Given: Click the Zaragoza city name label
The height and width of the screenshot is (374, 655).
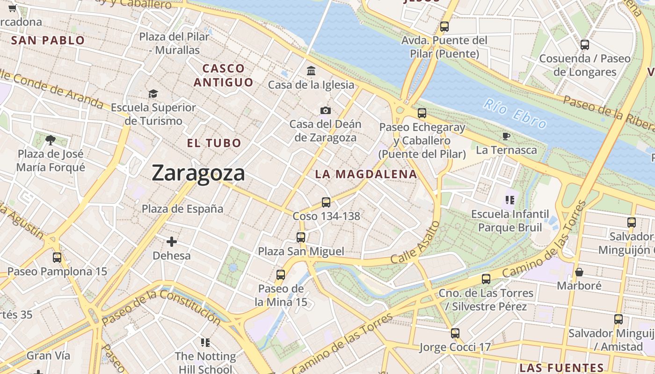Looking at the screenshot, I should (198, 173).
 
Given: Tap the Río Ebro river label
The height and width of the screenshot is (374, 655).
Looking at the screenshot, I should (515, 113).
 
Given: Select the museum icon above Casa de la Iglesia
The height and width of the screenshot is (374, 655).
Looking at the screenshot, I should (311, 71).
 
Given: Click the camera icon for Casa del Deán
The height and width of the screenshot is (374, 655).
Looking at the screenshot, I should (326, 110).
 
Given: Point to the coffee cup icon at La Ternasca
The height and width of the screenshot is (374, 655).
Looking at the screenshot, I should (506, 136).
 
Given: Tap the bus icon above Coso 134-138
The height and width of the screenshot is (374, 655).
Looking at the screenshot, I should (326, 202).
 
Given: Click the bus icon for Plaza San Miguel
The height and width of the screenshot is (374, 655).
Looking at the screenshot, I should (301, 237).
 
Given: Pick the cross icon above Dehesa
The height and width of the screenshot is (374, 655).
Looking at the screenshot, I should (172, 242).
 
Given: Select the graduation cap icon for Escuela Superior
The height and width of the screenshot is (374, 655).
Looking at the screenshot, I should (153, 94).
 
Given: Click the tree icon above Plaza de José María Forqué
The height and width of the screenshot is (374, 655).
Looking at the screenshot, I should (51, 139).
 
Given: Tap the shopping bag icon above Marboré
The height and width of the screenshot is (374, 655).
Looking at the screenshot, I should (579, 272).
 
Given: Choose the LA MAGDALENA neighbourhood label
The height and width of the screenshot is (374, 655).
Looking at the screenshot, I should (365, 174).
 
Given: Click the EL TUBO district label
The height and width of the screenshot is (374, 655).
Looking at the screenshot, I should (214, 143).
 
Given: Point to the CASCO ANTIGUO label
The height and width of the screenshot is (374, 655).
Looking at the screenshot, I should (223, 75).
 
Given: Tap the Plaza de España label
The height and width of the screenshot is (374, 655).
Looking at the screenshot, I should (182, 209).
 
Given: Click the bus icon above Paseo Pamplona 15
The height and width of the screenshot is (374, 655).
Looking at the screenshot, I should (57, 257).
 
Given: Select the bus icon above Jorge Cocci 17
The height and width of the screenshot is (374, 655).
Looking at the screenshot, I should (455, 333).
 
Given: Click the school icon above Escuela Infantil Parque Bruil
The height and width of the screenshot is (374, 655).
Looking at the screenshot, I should (509, 200).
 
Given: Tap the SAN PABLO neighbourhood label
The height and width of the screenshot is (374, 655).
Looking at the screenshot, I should (48, 40).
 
